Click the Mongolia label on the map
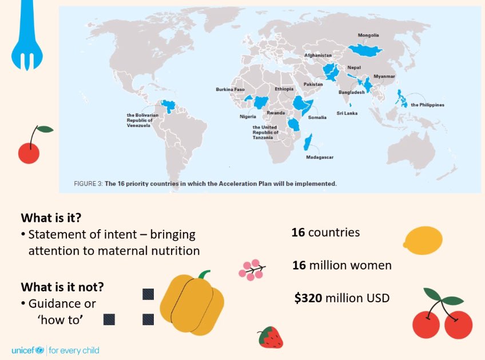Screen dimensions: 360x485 [x=368, y=35]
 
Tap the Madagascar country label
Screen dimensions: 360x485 [x=320, y=157]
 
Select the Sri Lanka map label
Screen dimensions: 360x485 [x=347, y=113]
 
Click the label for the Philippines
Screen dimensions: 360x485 [x=427, y=105]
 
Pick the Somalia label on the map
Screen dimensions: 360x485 [x=317, y=118]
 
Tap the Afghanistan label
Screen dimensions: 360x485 [x=318, y=55]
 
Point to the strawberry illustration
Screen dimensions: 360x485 [x=270, y=338]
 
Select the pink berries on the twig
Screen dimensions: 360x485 [x=252, y=270]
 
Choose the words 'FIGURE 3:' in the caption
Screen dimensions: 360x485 [x=88, y=184]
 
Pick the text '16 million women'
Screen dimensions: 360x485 [x=341, y=265]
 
